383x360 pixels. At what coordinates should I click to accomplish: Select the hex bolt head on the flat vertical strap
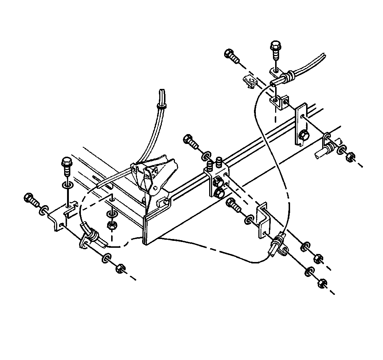coord(303,136)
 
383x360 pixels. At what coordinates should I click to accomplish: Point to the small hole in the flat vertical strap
coord(302,116)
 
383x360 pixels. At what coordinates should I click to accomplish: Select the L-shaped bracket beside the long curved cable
coord(263,220)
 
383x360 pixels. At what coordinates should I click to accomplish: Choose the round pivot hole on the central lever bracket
coord(156,188)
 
